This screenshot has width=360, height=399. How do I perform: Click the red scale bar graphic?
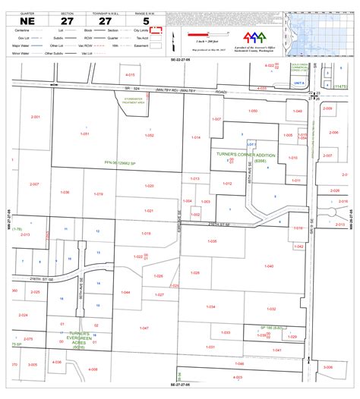point(203,34)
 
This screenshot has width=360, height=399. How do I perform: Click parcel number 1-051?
point(84,134)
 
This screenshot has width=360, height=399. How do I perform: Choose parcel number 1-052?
point(150,134)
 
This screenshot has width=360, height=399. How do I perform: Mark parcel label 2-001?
point(35,117)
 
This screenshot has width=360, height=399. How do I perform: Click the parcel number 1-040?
point(268,266)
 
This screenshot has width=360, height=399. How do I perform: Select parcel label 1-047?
point(144,328)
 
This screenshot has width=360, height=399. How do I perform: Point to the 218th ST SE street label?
point(40,278)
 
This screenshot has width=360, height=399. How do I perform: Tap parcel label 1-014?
point(195,137)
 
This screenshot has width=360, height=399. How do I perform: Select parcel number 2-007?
point(35,184)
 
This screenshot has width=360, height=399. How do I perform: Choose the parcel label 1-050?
point(253,111)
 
